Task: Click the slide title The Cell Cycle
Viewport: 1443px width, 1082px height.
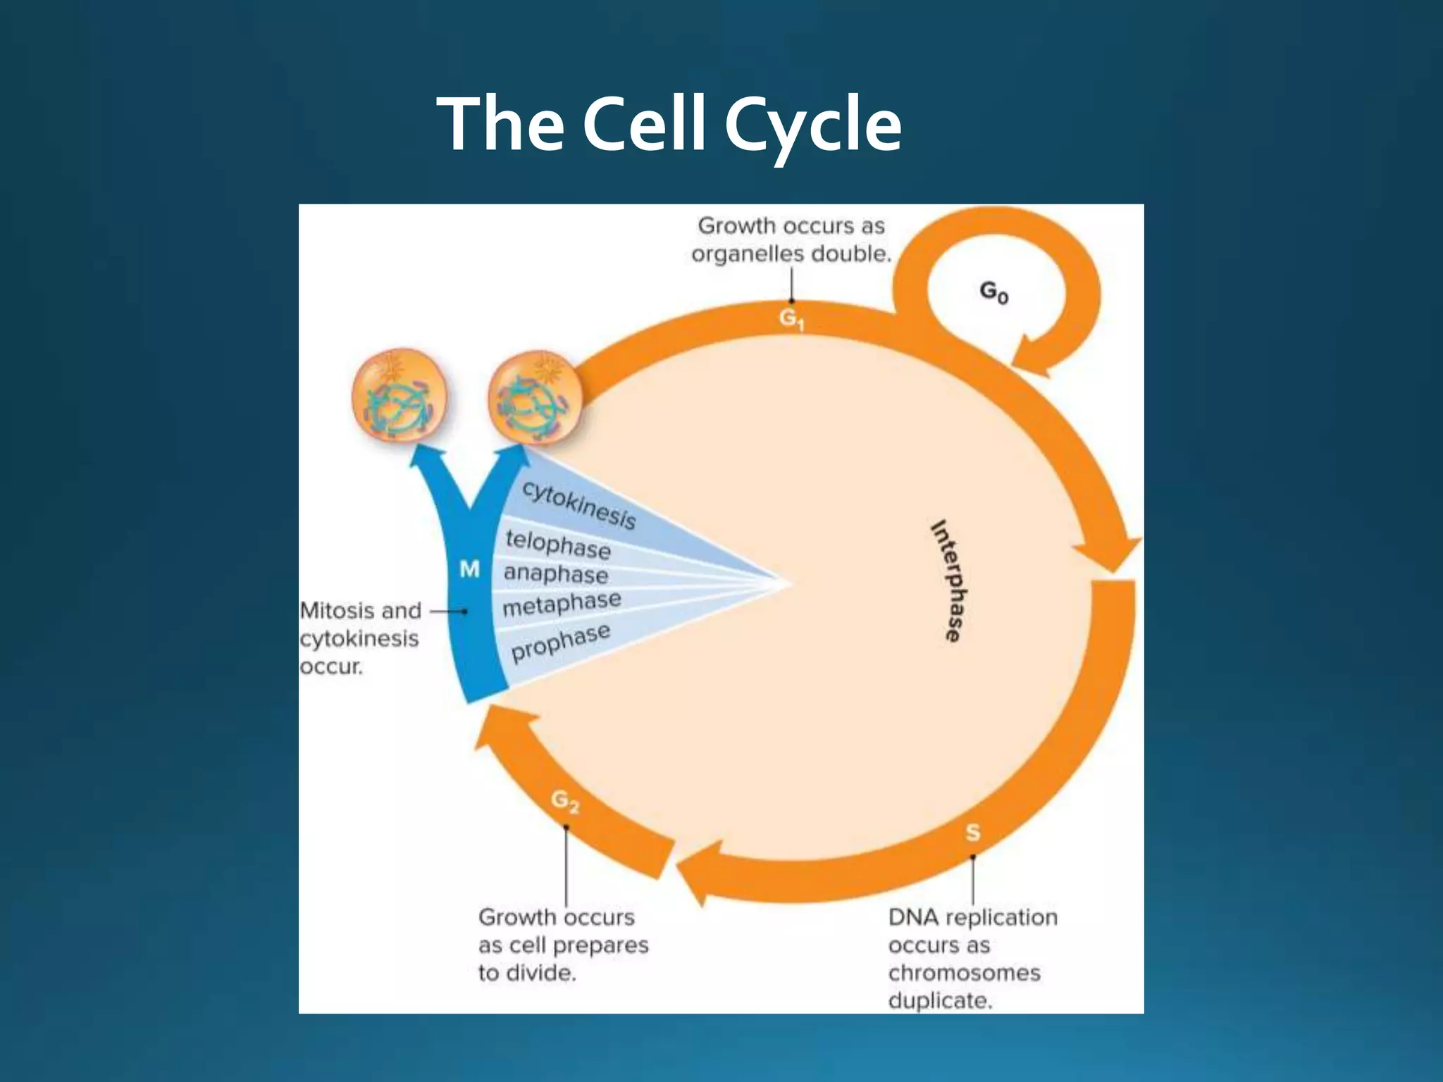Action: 669,125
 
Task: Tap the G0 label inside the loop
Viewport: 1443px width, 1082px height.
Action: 994,292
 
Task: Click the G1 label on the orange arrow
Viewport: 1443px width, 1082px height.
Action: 792,320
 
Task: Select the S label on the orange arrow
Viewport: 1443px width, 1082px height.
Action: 972,833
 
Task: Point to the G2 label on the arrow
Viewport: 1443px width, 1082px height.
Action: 565,802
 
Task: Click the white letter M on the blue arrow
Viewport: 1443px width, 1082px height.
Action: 469,569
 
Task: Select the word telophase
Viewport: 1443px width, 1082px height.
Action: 558,545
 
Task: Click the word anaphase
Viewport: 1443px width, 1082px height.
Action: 556,574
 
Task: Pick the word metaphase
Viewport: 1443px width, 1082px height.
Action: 562,604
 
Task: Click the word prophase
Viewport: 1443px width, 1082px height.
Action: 560,642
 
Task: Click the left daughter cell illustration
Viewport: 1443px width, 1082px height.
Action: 399,395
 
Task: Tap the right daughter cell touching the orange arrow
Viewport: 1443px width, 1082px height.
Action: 535,398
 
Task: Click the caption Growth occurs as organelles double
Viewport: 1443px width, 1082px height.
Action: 791,240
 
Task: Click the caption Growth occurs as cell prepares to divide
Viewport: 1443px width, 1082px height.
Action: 562,945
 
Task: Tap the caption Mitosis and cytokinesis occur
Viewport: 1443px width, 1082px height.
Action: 361,638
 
